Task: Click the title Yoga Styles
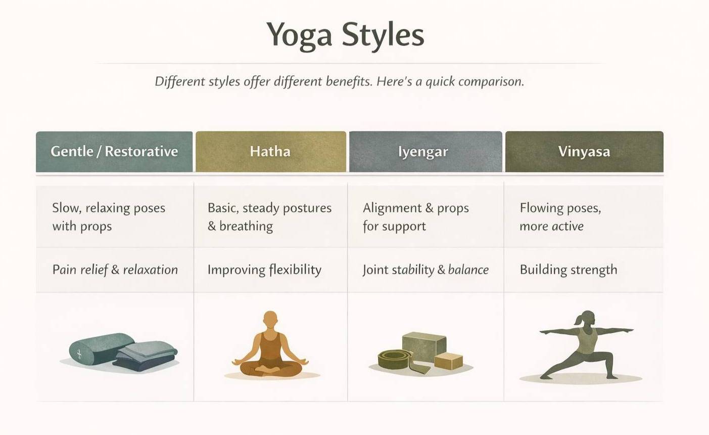(345, 35)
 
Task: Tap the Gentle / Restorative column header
(114, 152)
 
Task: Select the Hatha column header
(271, 152)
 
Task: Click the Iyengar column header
(426, 152)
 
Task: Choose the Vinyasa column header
(584, 152)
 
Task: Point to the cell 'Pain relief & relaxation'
(115, 270)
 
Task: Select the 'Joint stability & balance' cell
(426, 270)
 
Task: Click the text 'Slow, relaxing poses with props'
(109, 217)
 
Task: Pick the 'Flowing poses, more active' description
(560, 217)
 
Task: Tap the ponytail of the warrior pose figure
(578, 319)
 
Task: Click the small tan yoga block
(449, 361)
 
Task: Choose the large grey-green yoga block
(424, 346)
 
